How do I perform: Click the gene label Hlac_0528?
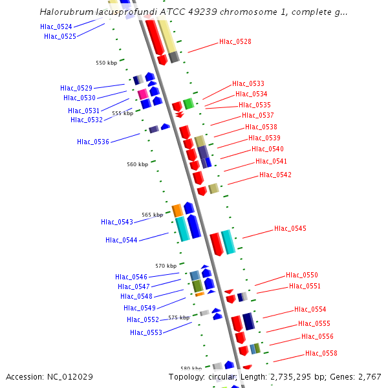[235, 41]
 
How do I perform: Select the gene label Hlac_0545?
[290, 228]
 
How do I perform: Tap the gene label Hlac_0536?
[93, 142]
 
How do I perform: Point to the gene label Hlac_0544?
[122, 240]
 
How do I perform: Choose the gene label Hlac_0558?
[321, 353]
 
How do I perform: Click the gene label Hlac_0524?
[56, 27]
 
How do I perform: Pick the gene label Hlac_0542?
[275, 175]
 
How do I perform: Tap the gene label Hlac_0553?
[146, 332]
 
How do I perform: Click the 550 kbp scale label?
[106, 63]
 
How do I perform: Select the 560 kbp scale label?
[137, 164]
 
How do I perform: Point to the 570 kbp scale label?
[166, 266]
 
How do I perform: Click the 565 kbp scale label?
[152, 215]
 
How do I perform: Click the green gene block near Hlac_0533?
[188, 103]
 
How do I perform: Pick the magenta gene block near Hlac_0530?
[143, 94]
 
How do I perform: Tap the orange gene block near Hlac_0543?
[177, 210]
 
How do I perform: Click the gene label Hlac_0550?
[302, 275]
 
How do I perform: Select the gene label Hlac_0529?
[76, 88]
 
